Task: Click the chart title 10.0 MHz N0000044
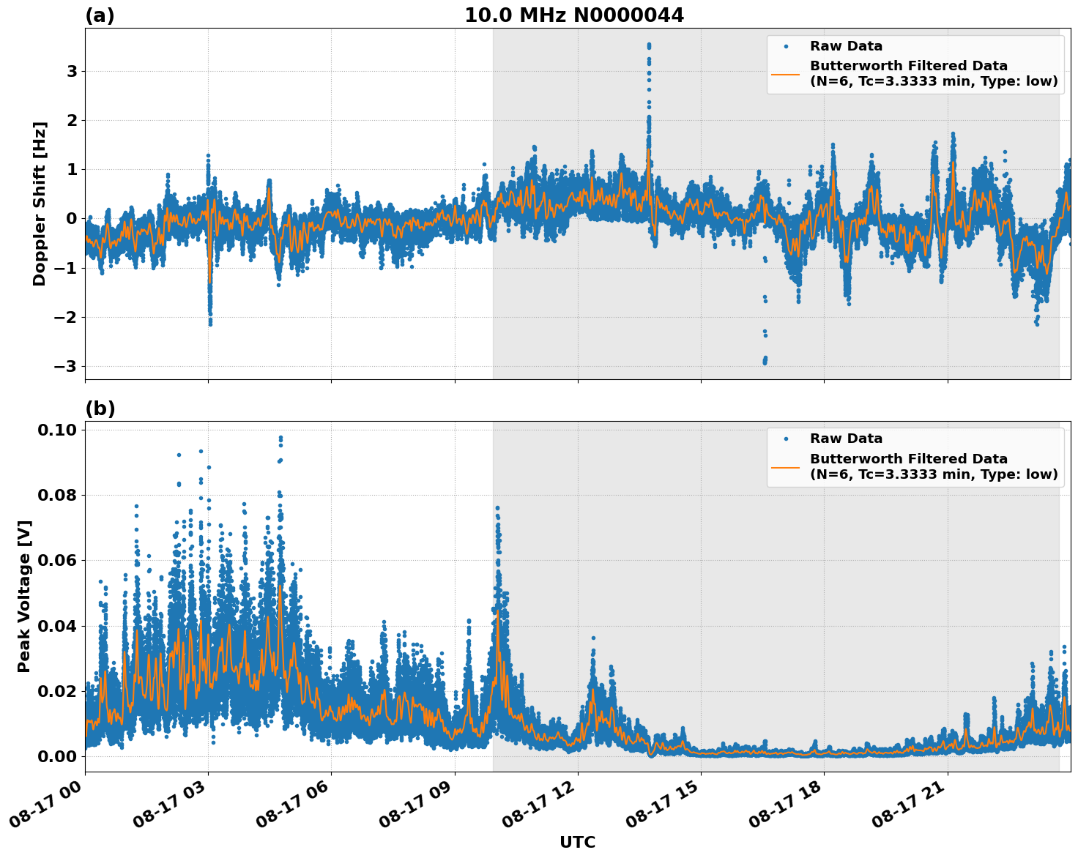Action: [573, 15]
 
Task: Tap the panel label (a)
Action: [100, 15]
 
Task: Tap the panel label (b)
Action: [100, 409]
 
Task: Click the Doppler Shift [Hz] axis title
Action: [40, 204]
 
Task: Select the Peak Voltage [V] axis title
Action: [24, 596]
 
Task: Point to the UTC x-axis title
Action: [577, 842]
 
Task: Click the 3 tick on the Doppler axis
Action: [72, 72]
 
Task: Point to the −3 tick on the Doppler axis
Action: [67, 366]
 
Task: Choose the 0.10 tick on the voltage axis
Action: [58, 430]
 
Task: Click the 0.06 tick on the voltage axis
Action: [58, 560]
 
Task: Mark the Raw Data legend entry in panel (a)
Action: [846, 46]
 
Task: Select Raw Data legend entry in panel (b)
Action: [846, 439]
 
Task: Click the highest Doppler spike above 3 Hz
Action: [649, 45]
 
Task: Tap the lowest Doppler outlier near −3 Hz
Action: [765, 362]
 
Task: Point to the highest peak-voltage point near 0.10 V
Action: [280, 438]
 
